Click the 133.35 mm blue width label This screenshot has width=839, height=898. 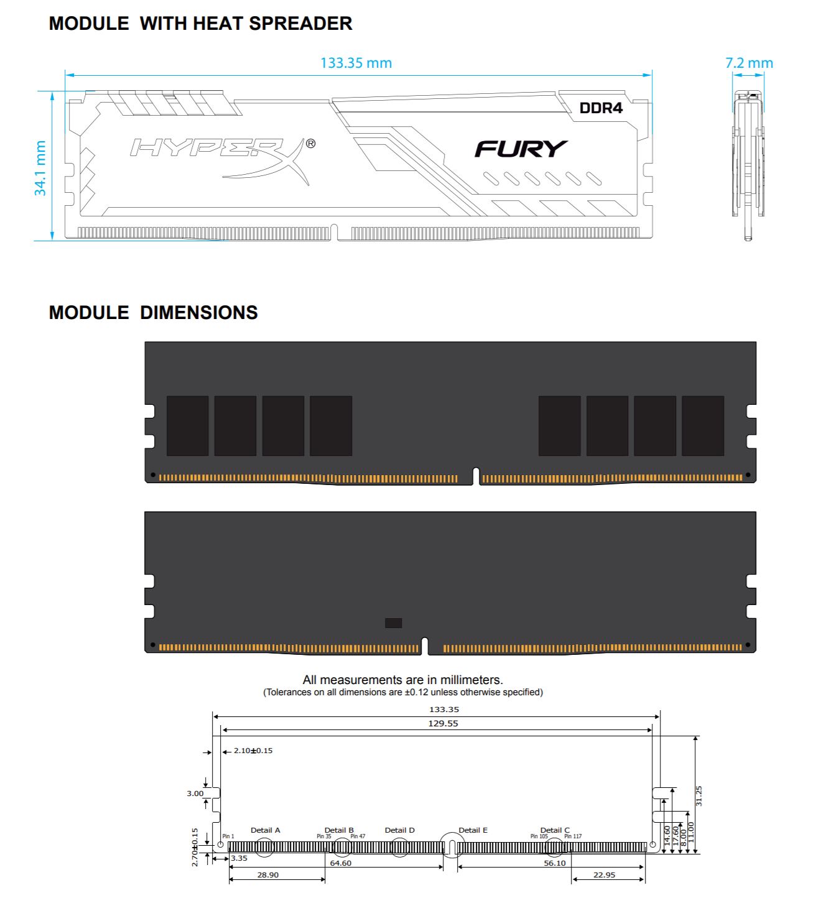pos(356,63)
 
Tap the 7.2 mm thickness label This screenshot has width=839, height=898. pos(749,63)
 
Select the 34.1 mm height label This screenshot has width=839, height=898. pos(40,168)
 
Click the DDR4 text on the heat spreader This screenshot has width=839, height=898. pos(601,108)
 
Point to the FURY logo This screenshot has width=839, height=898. pos(521,149)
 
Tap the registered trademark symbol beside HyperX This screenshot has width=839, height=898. pos(311,144)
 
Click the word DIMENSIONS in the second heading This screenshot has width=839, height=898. pos(198,312)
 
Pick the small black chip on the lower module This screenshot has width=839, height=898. pos(393,623)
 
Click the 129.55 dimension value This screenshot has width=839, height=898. pos(443,723)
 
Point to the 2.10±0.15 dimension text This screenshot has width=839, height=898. pos(253,751)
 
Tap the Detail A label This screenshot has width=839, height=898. pos(265,830)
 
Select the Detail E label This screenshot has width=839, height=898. pos(473,830)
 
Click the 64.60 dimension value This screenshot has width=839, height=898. pos(340,863)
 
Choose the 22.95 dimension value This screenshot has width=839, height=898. pos(604,875)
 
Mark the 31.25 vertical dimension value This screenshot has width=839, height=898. pos(699,796)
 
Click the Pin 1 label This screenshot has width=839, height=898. pos(228,836)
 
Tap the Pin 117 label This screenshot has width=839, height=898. pos(573,836)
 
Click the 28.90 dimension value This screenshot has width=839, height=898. pos(268,875)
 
